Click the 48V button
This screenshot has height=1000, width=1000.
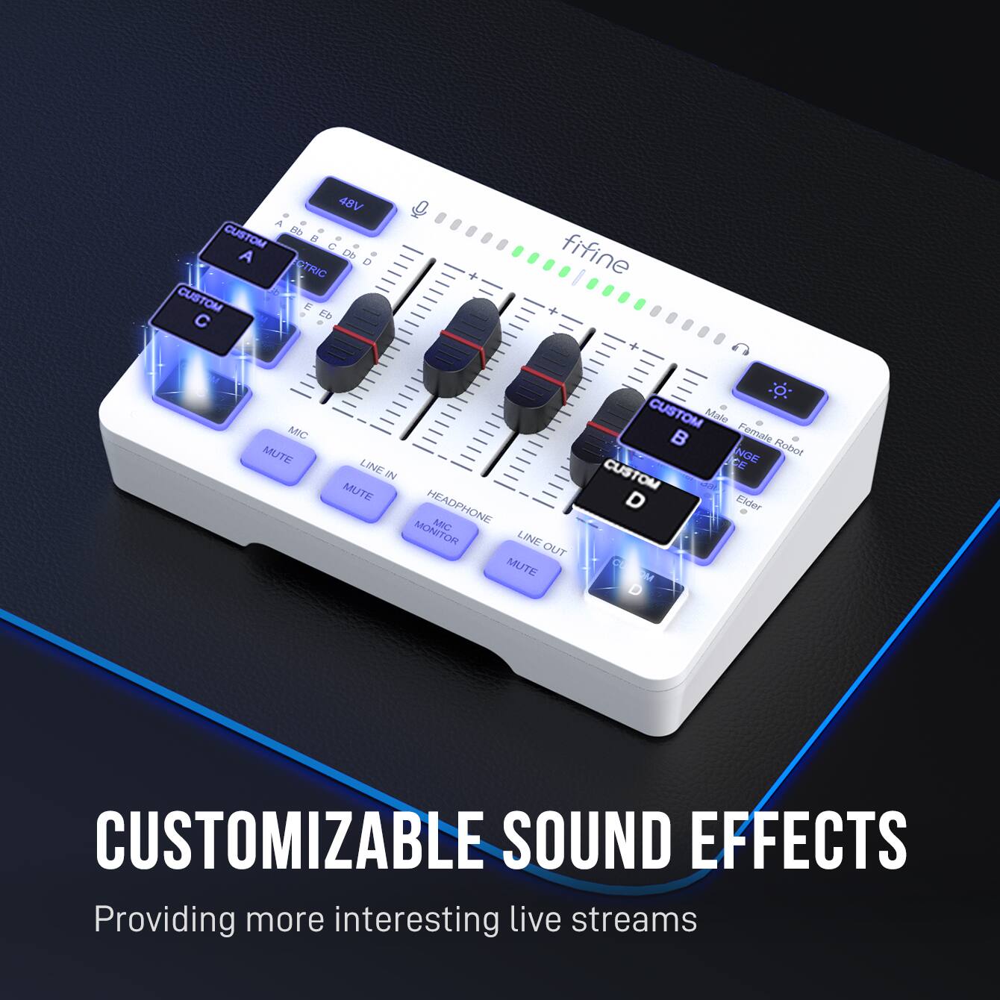(350, 204)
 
